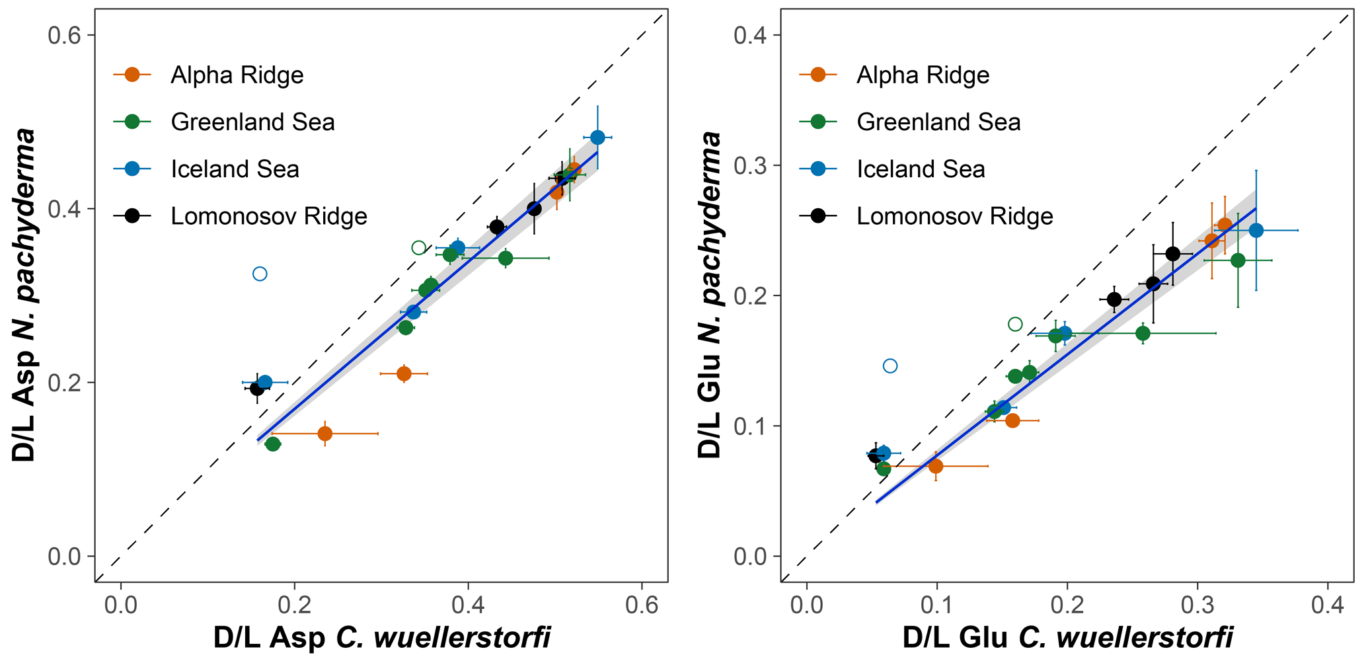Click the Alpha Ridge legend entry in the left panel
coord(236,75)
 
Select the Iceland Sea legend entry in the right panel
coord(921,169)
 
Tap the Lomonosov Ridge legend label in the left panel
coord(268,216)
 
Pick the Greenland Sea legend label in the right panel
coord(938,122)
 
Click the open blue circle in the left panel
coord(260,274)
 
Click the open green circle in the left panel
coord(418,248)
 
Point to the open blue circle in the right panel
coord(890,366)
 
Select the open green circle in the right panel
coord(1015,324)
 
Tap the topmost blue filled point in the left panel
coord(597,137)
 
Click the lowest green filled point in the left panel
coord(272,444)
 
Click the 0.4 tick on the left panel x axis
coord(468,605)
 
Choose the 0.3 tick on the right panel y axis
coord(751,165)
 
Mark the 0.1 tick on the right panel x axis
coord(936,605)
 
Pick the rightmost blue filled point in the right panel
coord(1256,230)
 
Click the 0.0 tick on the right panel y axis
coord(751,557)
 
